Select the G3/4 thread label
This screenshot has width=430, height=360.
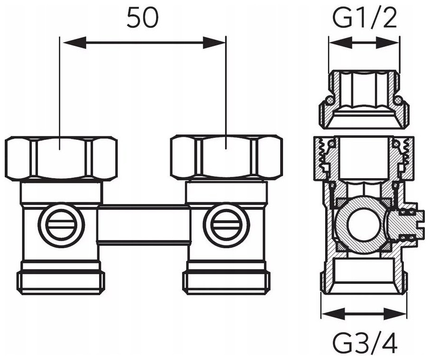[x=365, y=342]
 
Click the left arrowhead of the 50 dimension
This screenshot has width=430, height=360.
[x=74, y=43]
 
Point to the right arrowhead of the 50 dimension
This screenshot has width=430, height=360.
[x=214, y=43]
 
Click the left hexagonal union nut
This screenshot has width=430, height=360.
[x=61, y=159]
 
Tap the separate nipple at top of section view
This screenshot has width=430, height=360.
[x=364, y=99]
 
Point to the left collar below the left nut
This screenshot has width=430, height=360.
[x=62, y=193]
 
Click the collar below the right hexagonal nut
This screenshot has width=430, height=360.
[x=226, y=193]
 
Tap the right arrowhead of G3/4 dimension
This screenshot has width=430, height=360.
[x=395, y=314]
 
